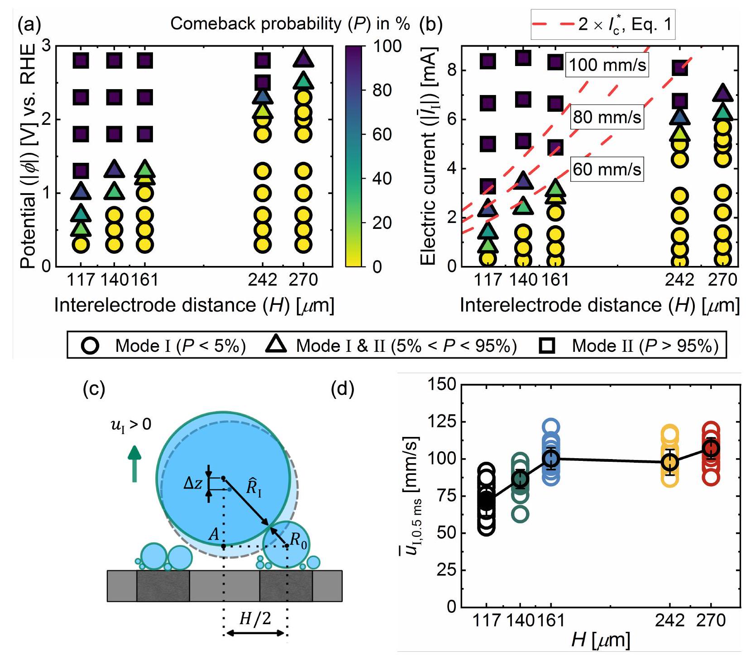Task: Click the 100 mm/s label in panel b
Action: (607, 65)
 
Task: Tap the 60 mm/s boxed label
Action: (607, 170)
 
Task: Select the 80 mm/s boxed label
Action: (607, 117)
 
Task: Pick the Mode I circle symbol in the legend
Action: (90, 346)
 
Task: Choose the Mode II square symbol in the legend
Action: (549, 346)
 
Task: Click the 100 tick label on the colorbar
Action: (387, 46)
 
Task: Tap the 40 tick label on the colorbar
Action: (382, 179)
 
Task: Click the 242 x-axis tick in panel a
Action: (263, 280)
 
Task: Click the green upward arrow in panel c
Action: (134, 464)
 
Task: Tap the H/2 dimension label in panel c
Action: (255, 618)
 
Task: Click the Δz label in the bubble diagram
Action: (192, 484)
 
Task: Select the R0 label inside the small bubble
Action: (298, 540)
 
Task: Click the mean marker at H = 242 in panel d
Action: (670, 462)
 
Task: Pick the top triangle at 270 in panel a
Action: (303, 59)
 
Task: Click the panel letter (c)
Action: (94, 389)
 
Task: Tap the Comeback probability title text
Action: (290, 24)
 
